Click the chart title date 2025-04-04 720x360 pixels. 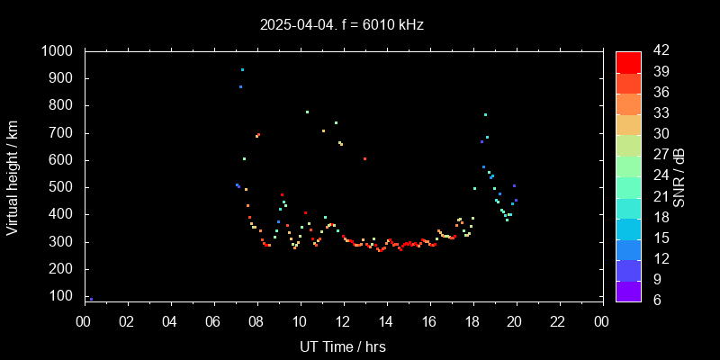(x=294, y=25)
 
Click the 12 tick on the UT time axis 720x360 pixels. (x=343, y=322)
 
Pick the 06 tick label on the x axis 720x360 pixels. (x=214, y=322)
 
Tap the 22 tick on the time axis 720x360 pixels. (x=559, y=322)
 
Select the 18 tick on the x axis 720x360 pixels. (x=472, y=322)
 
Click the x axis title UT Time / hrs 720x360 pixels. (x=343, y=346)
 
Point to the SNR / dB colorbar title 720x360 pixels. (x=679, y=176)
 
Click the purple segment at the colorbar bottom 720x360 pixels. (x=628, y=291)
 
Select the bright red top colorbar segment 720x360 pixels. (x=628, y=61)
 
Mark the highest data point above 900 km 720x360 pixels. (x=242, y=69)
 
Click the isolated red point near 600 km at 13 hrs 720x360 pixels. (x=364, y=158)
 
